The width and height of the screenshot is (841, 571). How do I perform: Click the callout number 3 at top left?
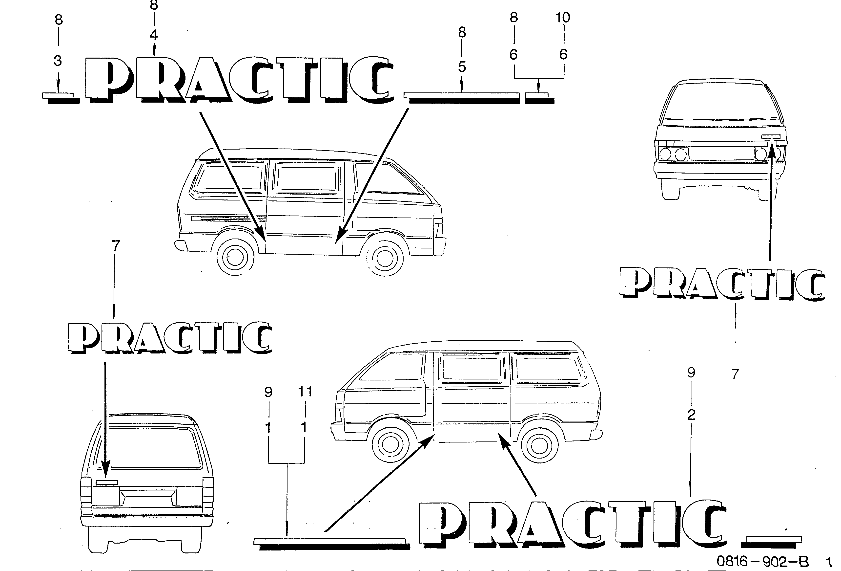coord(58,61)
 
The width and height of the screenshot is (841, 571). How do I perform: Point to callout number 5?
coord(462,67)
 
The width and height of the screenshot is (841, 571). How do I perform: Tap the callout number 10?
coord(563,17)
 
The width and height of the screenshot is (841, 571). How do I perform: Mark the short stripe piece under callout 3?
coord(61,98)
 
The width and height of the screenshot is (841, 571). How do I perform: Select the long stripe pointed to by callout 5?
coord(462,98)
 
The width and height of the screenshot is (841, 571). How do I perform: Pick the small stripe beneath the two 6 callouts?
coord(540,98)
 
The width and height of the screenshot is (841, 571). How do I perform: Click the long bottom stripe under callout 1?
coord(332,544)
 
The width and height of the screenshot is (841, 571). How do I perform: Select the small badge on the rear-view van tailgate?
coord(107,482)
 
